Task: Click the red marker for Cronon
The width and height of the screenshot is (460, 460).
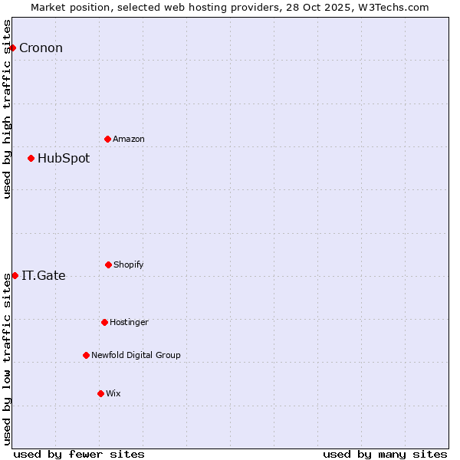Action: coord(12,48)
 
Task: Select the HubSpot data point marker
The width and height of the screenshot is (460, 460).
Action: coord(31,158)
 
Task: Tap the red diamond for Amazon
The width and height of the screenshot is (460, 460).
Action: coord(108,139)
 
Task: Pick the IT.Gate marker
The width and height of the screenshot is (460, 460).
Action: coord(15,275)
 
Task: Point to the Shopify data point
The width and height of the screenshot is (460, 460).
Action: coord(108,264)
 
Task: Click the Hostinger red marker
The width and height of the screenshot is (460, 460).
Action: coord(104,322)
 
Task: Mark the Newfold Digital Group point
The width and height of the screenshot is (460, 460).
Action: coord(86,355)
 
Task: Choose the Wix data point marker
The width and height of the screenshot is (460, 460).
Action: coord(100,393)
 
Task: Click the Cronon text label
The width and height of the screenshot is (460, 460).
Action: coord(41,48)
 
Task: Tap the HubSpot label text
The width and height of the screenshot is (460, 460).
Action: coord(64,158)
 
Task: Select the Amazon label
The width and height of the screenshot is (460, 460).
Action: coord(129,139)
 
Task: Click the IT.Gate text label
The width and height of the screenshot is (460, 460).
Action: coord(44,275)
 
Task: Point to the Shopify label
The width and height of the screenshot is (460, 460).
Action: coord(129,264)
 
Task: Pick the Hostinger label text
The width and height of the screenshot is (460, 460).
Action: coord(129,322)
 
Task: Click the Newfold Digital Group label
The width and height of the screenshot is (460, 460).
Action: coord(136,355)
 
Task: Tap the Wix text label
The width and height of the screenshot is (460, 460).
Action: coord(113,393)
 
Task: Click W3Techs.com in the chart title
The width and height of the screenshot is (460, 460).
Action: coord(395,7)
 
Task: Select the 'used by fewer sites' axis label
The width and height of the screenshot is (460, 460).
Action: coord(79,454)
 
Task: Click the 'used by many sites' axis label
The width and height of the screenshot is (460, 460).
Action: coord(385,454)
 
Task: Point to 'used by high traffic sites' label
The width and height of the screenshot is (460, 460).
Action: coord(7,109)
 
